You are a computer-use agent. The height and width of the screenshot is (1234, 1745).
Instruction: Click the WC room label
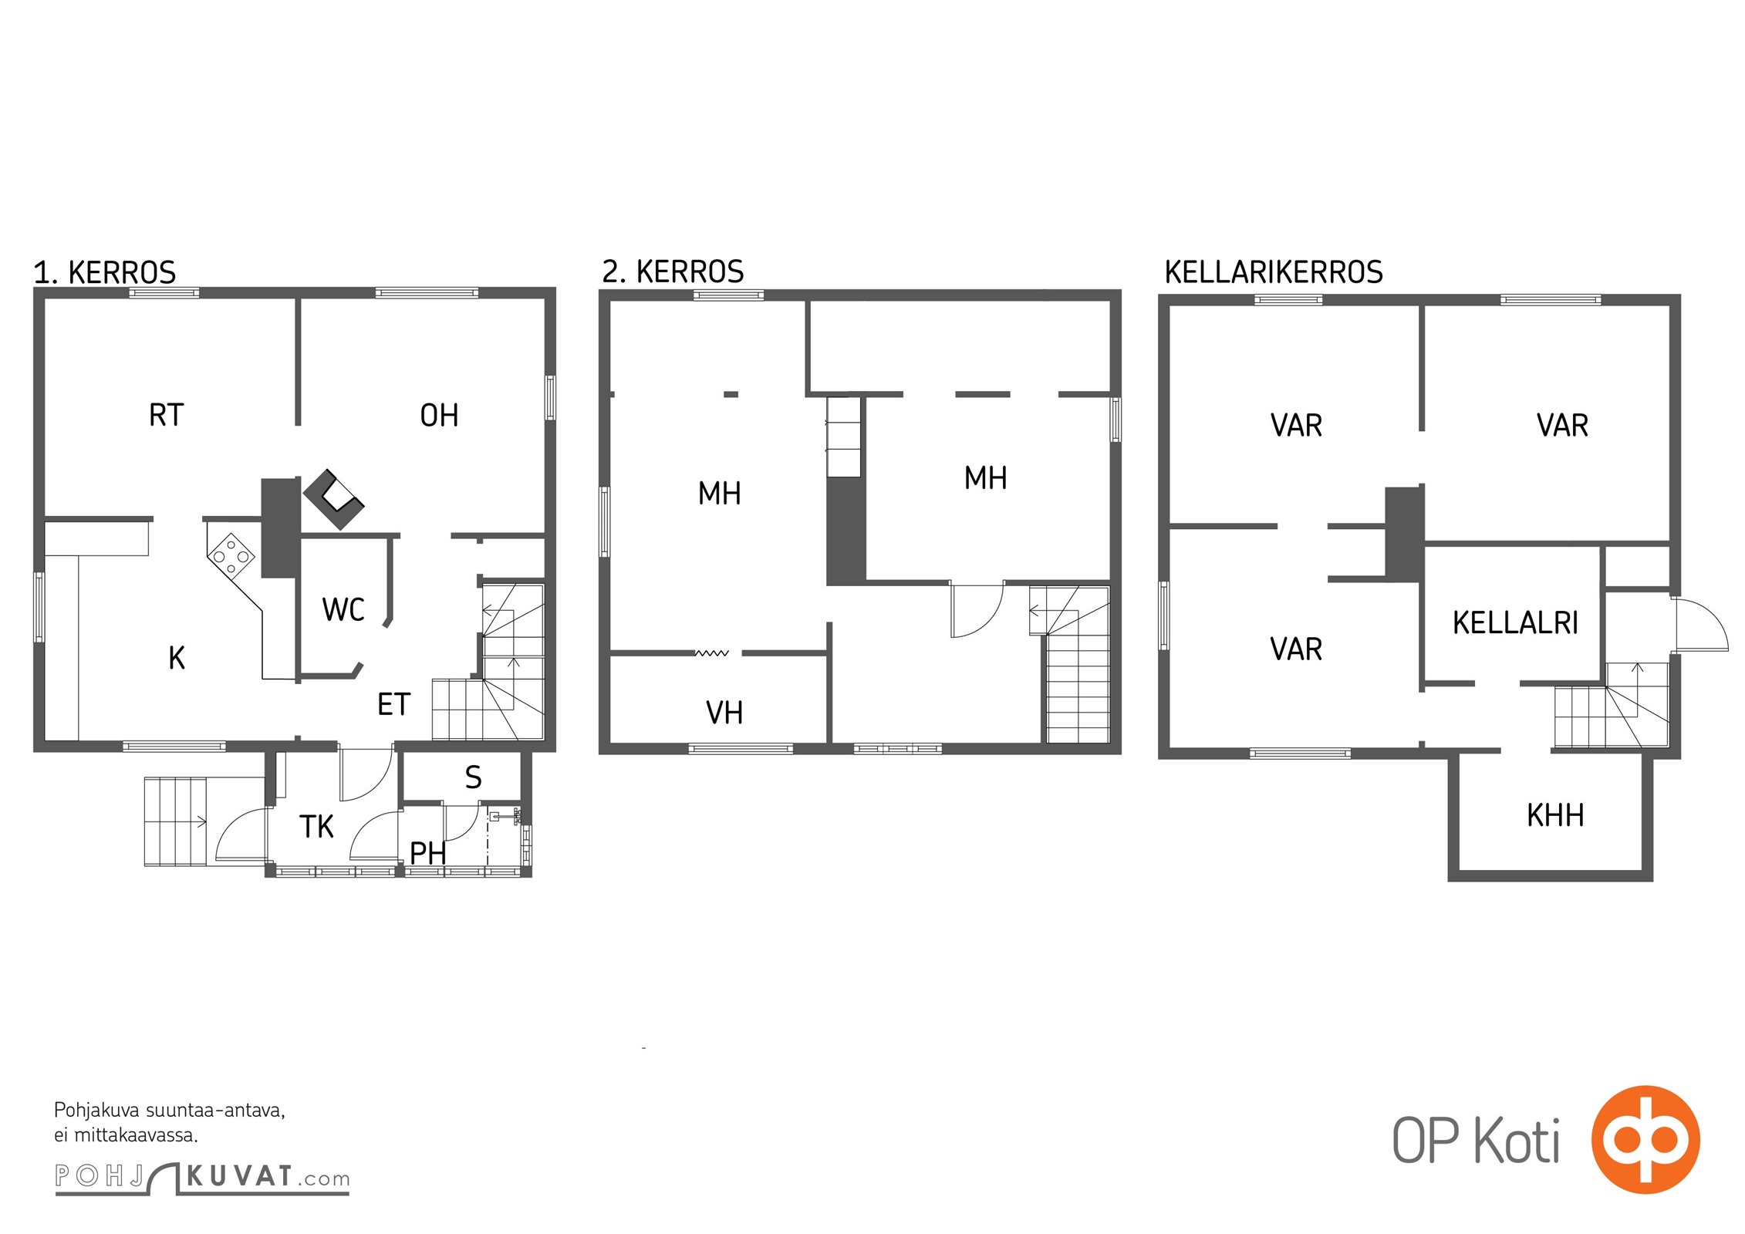[343, 609]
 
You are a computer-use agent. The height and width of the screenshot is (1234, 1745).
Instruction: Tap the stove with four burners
[231, 555]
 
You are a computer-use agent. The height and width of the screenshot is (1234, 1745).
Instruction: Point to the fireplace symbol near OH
[334, 499]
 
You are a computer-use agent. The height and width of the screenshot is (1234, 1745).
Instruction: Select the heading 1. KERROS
[105, 273]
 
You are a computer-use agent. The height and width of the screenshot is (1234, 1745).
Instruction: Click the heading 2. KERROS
[673, 271]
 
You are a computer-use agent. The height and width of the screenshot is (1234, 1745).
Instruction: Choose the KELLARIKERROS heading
[1274, 272]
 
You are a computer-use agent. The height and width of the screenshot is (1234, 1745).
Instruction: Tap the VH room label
[724, 713]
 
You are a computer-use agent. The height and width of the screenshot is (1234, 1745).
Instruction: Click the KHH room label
[1555, 815]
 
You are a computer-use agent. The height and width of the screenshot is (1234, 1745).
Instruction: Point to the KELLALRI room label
[1515, 622]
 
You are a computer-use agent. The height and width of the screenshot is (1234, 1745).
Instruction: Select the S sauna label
[474, 777]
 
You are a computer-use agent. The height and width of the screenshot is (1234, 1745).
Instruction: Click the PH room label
[428, 854]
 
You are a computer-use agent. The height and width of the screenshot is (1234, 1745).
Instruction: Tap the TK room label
[316, 827]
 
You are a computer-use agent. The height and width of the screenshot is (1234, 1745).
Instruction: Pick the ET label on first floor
[393, 704]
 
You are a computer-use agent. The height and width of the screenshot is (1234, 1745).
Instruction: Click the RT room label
[166, 415]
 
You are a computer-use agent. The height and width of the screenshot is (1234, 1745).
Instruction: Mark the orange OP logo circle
[1645, 1139]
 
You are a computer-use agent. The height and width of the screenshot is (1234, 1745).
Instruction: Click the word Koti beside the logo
[1517, 1141]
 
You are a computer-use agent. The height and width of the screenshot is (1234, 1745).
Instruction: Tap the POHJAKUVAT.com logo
[202, 1178]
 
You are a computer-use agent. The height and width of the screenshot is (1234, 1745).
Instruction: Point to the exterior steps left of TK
[176, 822]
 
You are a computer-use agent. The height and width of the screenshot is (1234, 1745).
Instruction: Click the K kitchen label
[177, 658]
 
